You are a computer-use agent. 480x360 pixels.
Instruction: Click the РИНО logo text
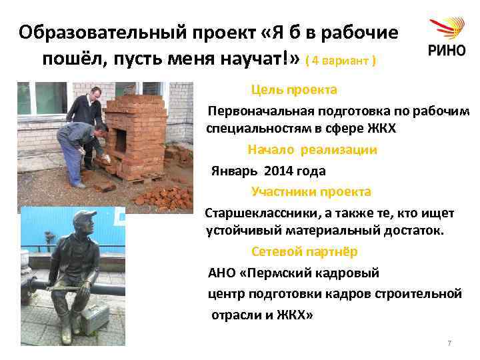click(445, 52)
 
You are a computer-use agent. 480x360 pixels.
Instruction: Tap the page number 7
click(449, 343)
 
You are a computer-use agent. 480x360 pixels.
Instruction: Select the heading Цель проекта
click(294, 89)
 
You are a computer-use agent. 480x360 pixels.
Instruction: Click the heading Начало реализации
click(312, 150)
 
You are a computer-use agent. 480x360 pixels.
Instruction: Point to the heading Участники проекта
click(311, 192)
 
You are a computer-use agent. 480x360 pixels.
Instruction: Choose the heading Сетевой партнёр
click(304, 252)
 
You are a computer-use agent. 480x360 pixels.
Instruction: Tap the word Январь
click(233, 171)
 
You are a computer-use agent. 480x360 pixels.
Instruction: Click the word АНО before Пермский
click(222, 273)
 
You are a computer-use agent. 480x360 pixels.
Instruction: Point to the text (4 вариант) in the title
click(340, 61)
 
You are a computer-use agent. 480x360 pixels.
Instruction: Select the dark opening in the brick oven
click(123, 140)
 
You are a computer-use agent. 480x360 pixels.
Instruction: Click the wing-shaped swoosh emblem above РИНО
click(446, 29)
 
